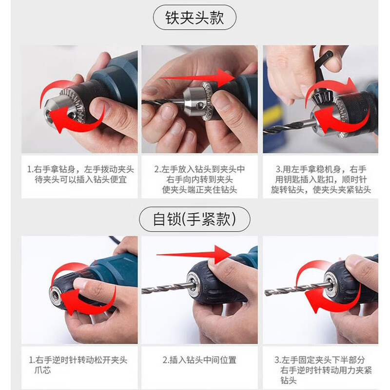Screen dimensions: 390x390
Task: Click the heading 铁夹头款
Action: (x=195, y=19)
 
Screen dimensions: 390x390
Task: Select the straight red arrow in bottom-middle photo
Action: (x=195, y=254)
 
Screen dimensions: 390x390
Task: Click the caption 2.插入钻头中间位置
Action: (x=200, y=360)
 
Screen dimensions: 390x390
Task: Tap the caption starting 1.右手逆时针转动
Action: (x=78, y=365)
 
